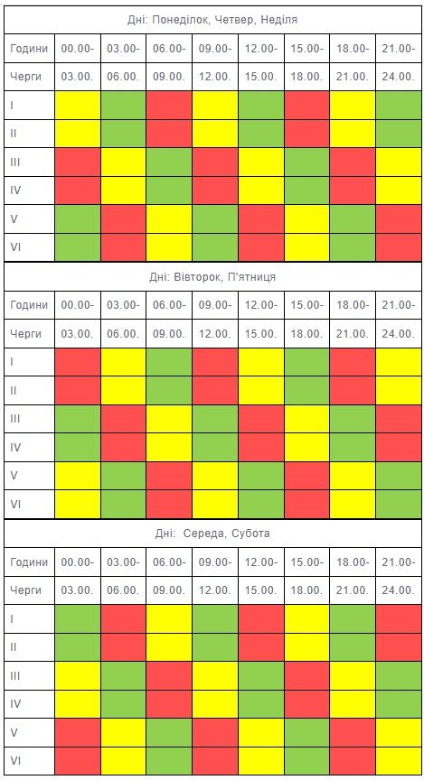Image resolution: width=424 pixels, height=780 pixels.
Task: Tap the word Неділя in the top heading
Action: pyautogui.click(x=280, y=20)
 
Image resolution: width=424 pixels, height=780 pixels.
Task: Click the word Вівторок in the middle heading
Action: pyautogui.click(x=199, y=277)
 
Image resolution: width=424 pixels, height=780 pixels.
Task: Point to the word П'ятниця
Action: pyautogui.click(x=251, y=277)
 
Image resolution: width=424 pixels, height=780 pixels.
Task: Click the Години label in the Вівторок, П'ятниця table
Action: pyautogui.click(x=29, y=305)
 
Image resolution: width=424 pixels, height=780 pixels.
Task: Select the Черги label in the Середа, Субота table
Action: pyautogui.click(x=25, y=590)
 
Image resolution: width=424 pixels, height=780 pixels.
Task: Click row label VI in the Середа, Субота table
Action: pyautogui.click(x=15, y=761)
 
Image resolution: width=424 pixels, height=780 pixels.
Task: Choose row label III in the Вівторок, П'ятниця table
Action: pyautogui.click(x=15, y=418)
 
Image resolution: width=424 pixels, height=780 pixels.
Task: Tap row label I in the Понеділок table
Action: pyautogui.click(x=12, y=105)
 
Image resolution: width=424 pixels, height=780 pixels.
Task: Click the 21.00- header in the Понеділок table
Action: pyautogui.click(x=399, y=48)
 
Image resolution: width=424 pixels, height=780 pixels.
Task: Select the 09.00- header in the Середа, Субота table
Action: pyautogui.click(x=215, y=562)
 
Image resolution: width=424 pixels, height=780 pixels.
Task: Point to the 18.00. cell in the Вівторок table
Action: pyautogui.click(x=306, y=333)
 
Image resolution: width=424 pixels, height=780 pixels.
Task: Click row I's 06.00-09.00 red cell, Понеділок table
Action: pyautogui.click(x=169, y=105)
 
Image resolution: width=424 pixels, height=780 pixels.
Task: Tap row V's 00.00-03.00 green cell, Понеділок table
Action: pyautogui.click(x=78, y=218)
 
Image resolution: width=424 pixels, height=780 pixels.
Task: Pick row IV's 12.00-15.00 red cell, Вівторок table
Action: pyautogui.click(x=261, y=447)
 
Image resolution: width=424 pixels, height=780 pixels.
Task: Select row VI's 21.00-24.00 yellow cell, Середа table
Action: pyautogui.click(x=399, y=761)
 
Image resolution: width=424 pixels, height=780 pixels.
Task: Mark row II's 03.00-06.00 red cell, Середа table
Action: pyautogui.click(x=124, y=646)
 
